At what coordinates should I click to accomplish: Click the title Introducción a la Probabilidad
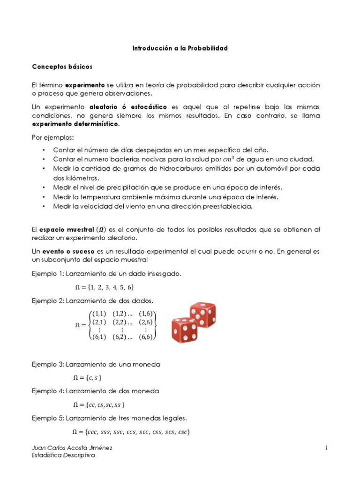(180, 48)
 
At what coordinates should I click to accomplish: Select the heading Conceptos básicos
(62, 67)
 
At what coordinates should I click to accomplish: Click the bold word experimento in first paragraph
(85, 85)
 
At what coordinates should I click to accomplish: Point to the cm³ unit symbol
(254, 159)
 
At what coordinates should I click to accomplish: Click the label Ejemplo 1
(47, 273)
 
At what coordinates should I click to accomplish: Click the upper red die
(202, 315)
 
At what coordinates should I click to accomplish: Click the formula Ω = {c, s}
(88, 377)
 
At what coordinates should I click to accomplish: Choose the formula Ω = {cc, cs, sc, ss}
(99, 405)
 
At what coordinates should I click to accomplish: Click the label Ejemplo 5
(47, 418)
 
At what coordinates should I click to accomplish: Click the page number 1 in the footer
(326, 448)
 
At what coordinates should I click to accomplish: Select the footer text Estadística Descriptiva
(63, 456)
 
